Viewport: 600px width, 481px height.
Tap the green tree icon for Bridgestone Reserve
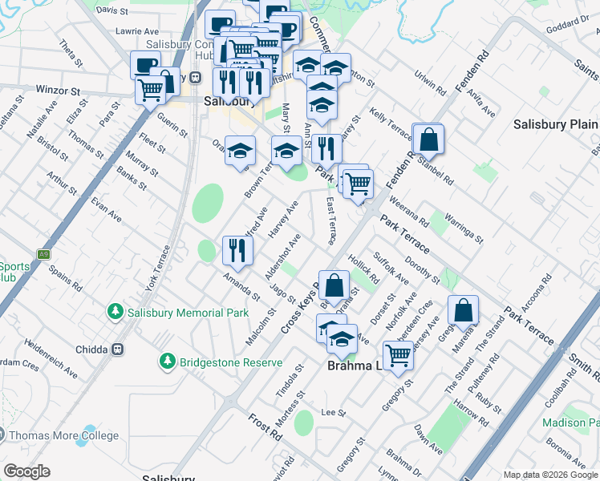(x=167, y=362)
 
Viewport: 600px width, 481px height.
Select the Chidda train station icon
(x=118, y=350)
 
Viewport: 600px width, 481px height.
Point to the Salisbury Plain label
(x=555, y=125)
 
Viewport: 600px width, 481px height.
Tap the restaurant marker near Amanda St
(x=237, y=250)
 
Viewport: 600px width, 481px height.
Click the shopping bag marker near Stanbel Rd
(x=428, y=139)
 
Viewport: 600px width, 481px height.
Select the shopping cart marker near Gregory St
(x=398, y=354)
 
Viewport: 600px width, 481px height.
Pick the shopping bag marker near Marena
(x=463, y=310)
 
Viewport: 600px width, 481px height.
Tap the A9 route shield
(x=43, y=254)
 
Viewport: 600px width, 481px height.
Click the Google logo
(x=27, y=471)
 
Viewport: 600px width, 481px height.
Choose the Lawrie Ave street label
(x=111, y=30)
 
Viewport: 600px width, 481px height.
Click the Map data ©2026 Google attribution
(x=549, y=475)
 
